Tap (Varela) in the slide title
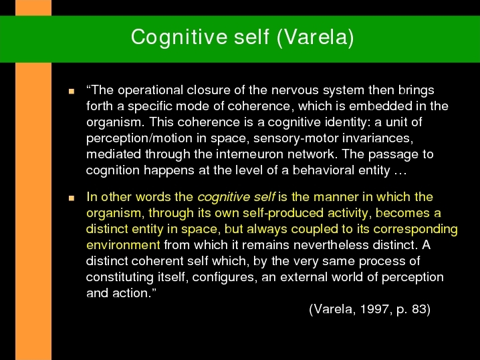(x=316, y=37)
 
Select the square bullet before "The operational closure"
(x=72, y=91)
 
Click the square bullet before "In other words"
(x=72, y=198)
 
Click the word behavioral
(x=324, y=170)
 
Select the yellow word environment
(x=123, y=245)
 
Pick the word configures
(x=225, y=277)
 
